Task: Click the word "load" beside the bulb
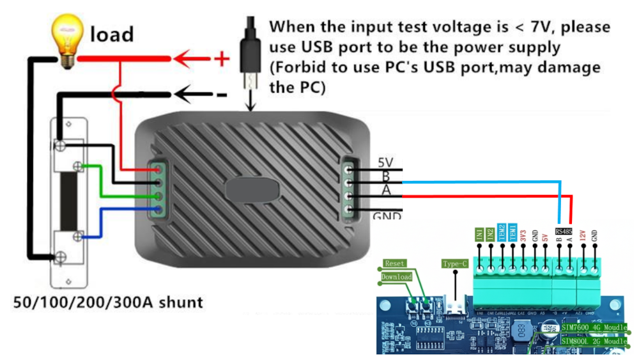click(x=112, y=34)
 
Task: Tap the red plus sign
click(x=221, y=59)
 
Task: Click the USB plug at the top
click(x=250, y=54)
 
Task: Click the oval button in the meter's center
click(x=252, y=191)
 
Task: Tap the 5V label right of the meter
click(x=387, y=162)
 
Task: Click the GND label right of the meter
click(x=387, y=216)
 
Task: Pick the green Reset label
click(x=395, y=263)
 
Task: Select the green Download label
click(x=396, y=277)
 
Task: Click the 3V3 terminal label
click(x=524, y=235)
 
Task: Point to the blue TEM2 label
click(x=502, y=232)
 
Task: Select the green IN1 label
click(x=479, y=233)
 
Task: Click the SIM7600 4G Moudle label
click(x=594, y=327)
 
